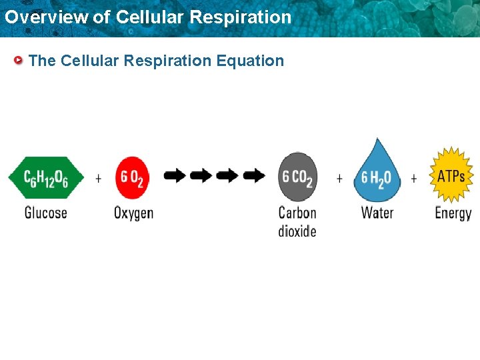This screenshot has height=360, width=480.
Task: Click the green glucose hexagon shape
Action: click(46, 177)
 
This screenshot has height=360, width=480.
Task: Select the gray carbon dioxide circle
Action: click(297, 177)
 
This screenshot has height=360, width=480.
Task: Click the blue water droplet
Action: click(376, 175)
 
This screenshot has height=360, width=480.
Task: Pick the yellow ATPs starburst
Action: click(451, 175)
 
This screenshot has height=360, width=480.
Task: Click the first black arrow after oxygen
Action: click(175, 176)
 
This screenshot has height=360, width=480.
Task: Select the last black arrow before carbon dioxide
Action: click(254, 176)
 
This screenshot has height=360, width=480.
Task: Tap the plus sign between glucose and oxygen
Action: click(99, 178)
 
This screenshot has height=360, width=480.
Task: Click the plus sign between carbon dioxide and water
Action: click(339, 178)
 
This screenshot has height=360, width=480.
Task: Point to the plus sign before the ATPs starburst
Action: click(414, 178)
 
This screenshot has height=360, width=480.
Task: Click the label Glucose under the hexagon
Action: click(46, 213)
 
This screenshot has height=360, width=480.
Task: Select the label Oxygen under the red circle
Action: click(133, 214)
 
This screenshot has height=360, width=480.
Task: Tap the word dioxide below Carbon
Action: click(297, 231)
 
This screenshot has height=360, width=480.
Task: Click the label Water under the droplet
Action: click(377, 213)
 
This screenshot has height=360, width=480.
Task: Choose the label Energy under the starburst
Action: click(453, 214)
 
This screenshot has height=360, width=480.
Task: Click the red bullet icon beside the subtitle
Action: click(19, 61)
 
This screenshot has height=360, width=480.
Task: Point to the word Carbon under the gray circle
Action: click(297, 213)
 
